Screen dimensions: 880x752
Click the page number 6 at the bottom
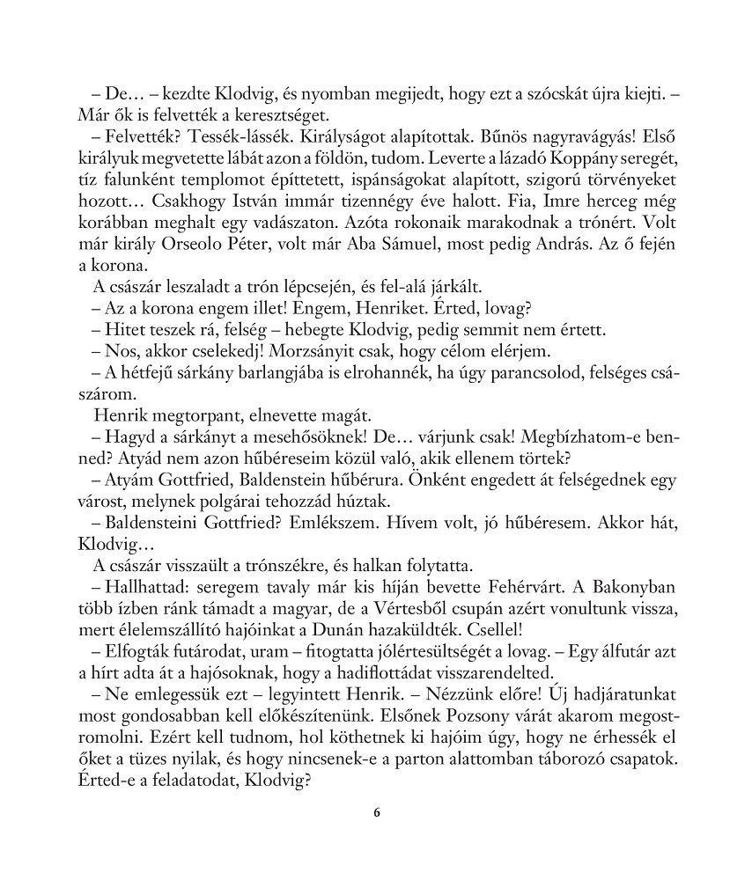coord(376,812)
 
